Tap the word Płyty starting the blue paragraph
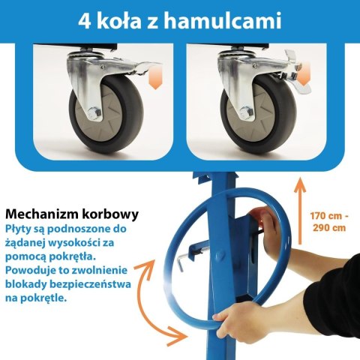point(20,227)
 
